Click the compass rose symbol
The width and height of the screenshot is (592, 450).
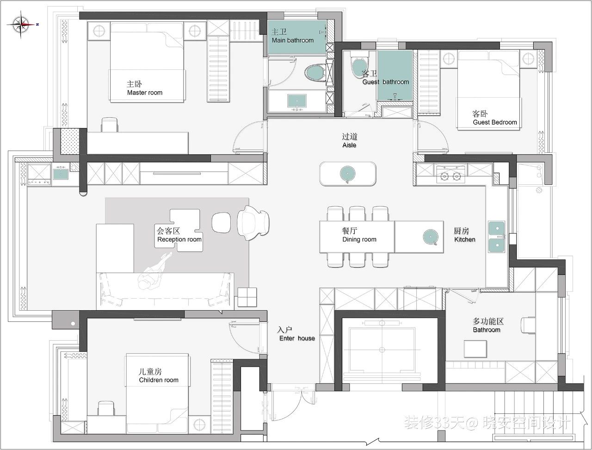click(x=21, y=24)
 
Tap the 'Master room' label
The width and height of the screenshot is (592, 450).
click(x=145, y=93)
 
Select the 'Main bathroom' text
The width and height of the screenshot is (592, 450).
click(x=293, y=40)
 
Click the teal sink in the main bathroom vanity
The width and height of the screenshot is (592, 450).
click(x=297, y=101)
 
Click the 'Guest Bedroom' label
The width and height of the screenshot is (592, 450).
click(x=495, y=122)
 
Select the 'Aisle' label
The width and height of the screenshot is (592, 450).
click(x=349, y=145)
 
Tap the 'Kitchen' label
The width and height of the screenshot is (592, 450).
click(x=465, y=239)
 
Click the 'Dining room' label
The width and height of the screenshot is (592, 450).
click(x=359, y=239)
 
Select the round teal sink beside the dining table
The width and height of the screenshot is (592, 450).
click(x=431, y=237)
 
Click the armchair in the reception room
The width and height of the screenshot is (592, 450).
click(x=253, y=223)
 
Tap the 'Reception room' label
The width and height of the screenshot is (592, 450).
click(x=179, y=239)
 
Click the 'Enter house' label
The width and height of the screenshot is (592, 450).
click(x=297, y=338)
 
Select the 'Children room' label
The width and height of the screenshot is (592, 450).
click(x=159, y=380)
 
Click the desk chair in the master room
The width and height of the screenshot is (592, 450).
click(x=110, y=125)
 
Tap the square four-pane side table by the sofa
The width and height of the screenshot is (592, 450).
click(x=247, y=297)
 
